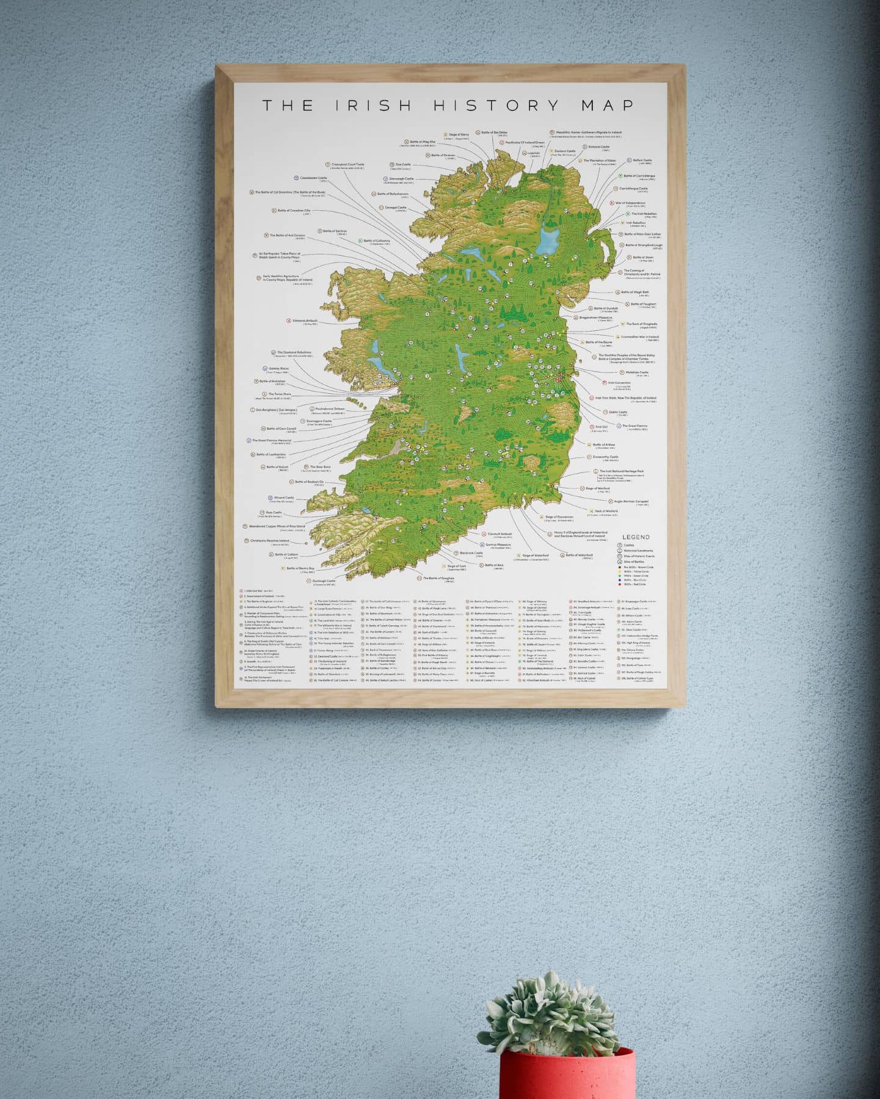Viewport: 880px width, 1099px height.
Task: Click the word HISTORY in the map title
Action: [x=496, y=106]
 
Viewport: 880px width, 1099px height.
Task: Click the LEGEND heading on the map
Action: [x=636, y=537]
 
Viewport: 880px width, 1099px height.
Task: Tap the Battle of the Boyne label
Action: [x=598, y=343]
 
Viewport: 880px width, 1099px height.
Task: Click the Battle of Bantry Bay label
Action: [x=300, y=568]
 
